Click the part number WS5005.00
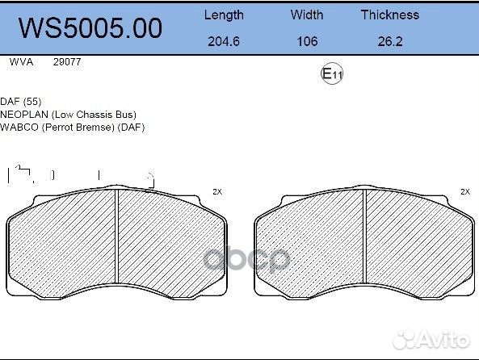tap(90, 28)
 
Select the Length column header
tap(223, 15)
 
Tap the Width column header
tap(306, 15)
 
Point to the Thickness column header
tap(389, 15)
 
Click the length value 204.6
tap(223, 41)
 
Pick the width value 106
tap(307, 41)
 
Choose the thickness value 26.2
tap(389, 41)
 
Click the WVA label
tap(19, 62)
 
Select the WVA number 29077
tap(66, 62)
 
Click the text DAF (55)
tap(21, 101)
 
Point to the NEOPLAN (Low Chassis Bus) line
tap(68, 114)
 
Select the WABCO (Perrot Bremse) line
tap(72, 127)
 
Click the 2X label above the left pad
tap(216, 191)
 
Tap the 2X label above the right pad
tap(464, 191)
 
